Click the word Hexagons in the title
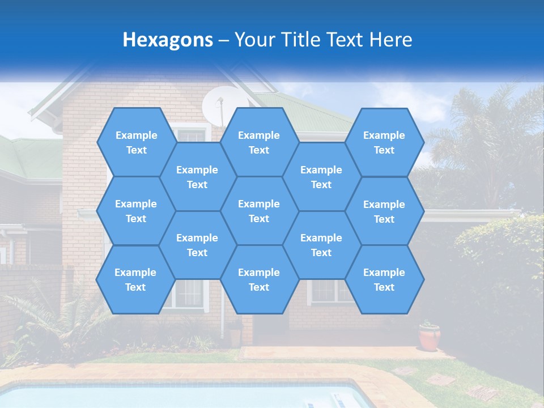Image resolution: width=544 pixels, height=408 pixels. (168, 40)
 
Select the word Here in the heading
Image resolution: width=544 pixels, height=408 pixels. (390, 40)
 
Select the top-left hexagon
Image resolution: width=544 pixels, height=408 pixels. (136, 142)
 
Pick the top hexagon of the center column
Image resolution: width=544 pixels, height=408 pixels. (259, 142)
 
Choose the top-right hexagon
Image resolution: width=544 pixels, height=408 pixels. (384, 142)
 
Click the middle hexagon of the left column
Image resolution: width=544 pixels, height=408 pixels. (136, 211)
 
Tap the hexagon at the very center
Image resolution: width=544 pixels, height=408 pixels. (259, 211)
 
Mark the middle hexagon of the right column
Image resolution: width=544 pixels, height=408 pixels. (384, 211)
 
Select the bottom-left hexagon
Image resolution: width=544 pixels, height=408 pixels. (135, 279)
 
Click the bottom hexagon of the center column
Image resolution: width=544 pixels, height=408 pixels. (259, 279)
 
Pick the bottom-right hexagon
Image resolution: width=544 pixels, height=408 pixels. (384, 279)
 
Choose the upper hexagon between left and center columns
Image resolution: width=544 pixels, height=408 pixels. (197, 177)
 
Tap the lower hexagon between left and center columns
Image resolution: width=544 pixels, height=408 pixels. (197, 245)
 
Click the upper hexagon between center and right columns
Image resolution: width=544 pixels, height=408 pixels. (321, 177)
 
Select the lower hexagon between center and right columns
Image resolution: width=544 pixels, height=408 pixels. (321, 245)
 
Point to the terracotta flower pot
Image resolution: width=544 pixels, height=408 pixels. (430, 338)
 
